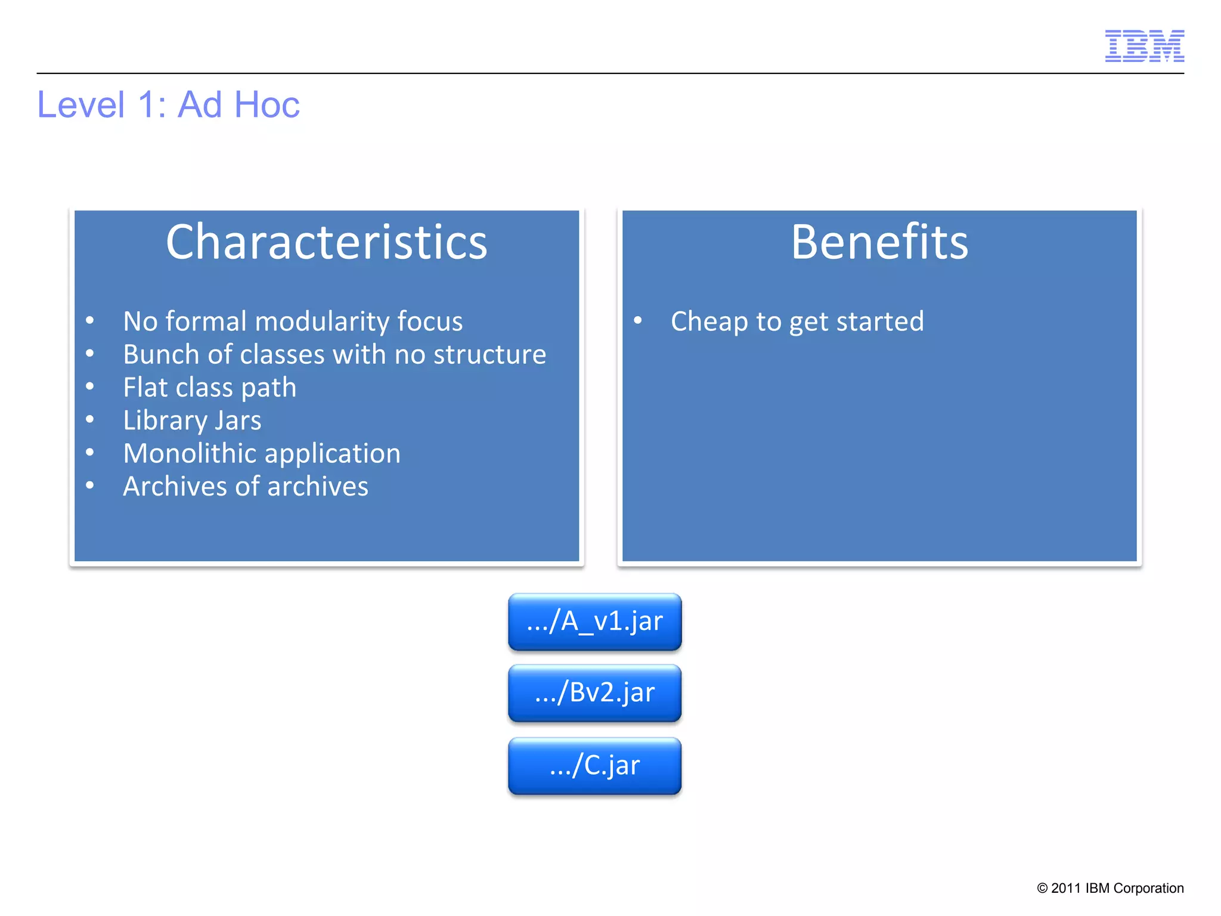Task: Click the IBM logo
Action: coord(1144,46)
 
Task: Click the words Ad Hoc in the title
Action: coord(238,105)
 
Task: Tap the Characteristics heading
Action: coord(326,242)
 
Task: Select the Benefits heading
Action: coord(879,242)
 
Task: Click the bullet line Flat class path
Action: coord(209,388)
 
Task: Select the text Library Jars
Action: coord(192,420)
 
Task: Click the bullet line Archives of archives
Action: coord(245,487)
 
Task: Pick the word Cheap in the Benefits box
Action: coord(709,322)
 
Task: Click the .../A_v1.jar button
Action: coord(594,621)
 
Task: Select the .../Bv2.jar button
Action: coord(594,693)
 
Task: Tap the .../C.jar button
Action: coord(594,765)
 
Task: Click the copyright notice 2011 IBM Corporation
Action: coord(1110,888)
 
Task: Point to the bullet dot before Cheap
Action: coord(637,321)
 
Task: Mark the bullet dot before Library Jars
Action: coord(89,419)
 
